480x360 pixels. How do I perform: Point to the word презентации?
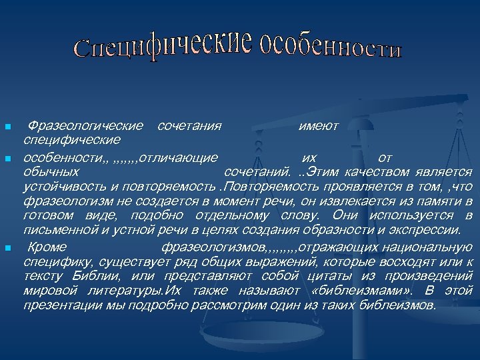(x=61, y=305)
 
